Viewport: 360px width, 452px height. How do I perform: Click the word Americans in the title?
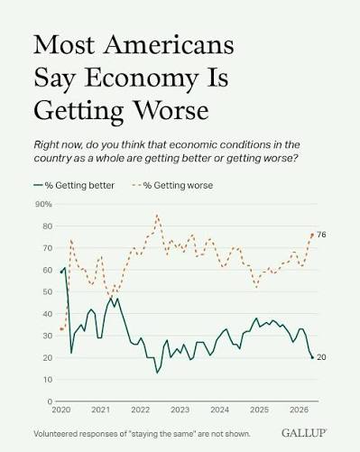click(x=169, y=45)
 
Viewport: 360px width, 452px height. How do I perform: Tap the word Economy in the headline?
click(x=142, y=79)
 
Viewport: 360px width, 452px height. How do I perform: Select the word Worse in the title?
click(x=171, y=110)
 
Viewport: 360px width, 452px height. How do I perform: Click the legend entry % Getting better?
click(x=74, y=185)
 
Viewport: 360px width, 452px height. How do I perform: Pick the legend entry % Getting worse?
click(x=172, y=185)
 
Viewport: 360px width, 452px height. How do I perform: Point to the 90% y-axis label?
click(x=43, y=204)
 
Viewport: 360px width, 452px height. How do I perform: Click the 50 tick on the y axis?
click(x=47, y=291)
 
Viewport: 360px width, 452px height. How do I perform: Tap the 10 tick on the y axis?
click(x=48, y=380)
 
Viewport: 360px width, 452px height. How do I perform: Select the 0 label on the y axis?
click(x=50, y=401)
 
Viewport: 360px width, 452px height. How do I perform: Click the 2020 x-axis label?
click(x=61, y=410)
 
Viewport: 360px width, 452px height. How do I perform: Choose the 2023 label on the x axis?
click(x=180, y=410)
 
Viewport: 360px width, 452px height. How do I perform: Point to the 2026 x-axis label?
click(x=299, y=410)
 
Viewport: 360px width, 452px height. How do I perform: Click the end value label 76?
click(x=321, y=235)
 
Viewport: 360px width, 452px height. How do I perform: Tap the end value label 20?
click(x=321, y=357)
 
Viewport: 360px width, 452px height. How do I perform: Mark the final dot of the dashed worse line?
click(x=312, y=235)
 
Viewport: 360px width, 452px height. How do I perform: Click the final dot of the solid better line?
click(x=312, y=357)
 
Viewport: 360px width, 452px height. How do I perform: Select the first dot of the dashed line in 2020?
click(x=61, y=329)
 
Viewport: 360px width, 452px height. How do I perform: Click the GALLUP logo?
click(x=304, y=433)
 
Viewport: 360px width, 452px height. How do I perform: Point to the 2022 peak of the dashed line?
click(x=157, y=215)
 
